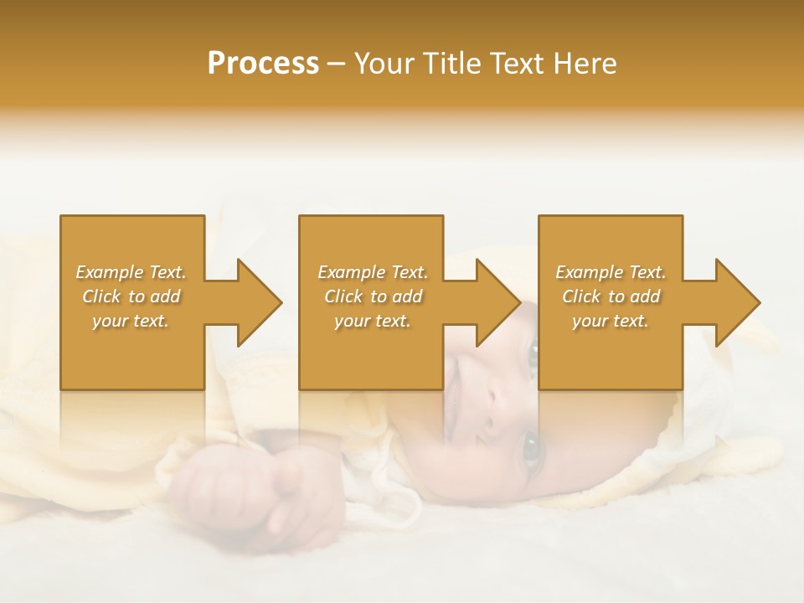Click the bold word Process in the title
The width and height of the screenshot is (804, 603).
coord(263,64)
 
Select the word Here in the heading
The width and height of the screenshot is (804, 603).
coord(584,64)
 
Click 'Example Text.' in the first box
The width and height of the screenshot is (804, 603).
coord(131,272)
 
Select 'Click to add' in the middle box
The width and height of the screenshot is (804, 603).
coord(373,296)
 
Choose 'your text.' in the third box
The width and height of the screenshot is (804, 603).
coord(611,321)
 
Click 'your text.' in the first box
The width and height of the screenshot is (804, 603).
coord(131,321)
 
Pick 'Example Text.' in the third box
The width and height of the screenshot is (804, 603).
coord(611,272)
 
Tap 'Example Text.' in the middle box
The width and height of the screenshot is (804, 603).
coord(373,272)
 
